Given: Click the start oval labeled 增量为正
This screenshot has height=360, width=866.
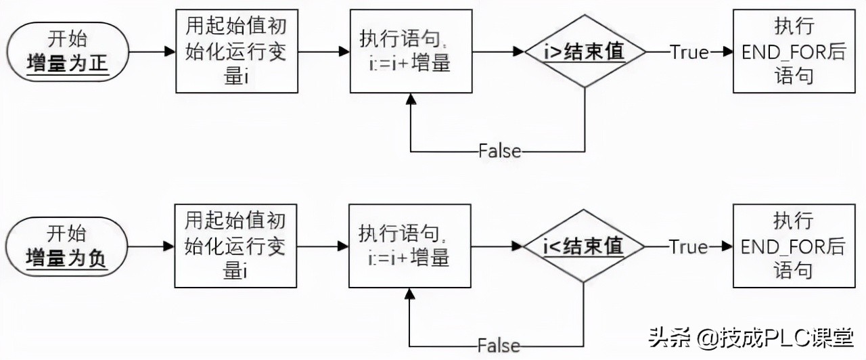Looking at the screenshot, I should [68, 51].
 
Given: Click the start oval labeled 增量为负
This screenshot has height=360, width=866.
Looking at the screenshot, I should [68, 246].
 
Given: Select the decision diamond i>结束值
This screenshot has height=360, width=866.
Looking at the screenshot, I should [585, 51].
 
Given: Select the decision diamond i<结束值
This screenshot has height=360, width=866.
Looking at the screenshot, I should [585, 246].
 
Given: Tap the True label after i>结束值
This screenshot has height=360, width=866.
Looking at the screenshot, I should [689, 52].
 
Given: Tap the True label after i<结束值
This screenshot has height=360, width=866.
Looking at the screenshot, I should [689, 247].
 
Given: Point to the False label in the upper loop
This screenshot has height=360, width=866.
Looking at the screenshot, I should [499, 150].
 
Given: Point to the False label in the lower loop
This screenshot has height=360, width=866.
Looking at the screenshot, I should [499, 345].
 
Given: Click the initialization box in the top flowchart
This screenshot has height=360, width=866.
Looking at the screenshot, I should [236, 51].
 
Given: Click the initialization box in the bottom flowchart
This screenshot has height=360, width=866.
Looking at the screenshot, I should [236, 246].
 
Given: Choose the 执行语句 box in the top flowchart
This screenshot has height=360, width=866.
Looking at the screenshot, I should [410, 51].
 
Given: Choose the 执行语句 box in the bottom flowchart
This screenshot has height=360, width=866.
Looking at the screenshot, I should [410, 246].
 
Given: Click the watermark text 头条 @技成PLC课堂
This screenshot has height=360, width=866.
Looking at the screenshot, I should [750, 337].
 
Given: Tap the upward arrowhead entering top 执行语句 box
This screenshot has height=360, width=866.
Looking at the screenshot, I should [410, 99].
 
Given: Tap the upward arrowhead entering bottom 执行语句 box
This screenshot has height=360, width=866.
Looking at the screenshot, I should [410, 294].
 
